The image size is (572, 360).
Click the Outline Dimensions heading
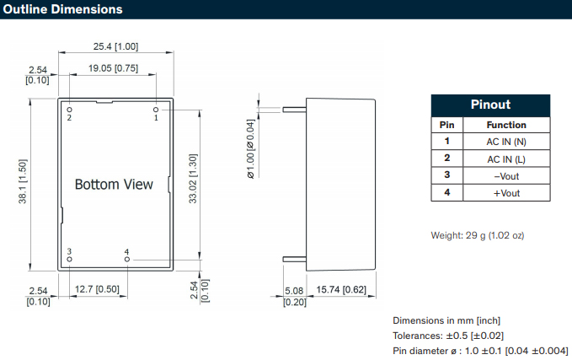click(62, 9)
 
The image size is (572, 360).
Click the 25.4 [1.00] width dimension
click(115, 46)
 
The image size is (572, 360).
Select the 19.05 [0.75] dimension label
click(114, 67)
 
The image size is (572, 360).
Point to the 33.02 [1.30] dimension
click(193, 180)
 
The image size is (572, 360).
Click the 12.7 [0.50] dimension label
click(96, 289)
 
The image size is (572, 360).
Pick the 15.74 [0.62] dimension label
click(340, 289)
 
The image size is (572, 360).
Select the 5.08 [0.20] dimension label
click(293, 295)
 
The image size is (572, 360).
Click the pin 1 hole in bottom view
click(156, 109)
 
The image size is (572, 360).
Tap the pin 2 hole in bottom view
click(70, 109)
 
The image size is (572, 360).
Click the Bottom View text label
click(114, 184)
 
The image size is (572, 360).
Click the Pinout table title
click(489, 105)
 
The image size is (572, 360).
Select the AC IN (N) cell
click(506, 142)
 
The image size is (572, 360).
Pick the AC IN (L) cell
click(506, 159)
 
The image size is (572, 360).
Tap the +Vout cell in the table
click(506, 193)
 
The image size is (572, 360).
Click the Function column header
click(506, 125)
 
